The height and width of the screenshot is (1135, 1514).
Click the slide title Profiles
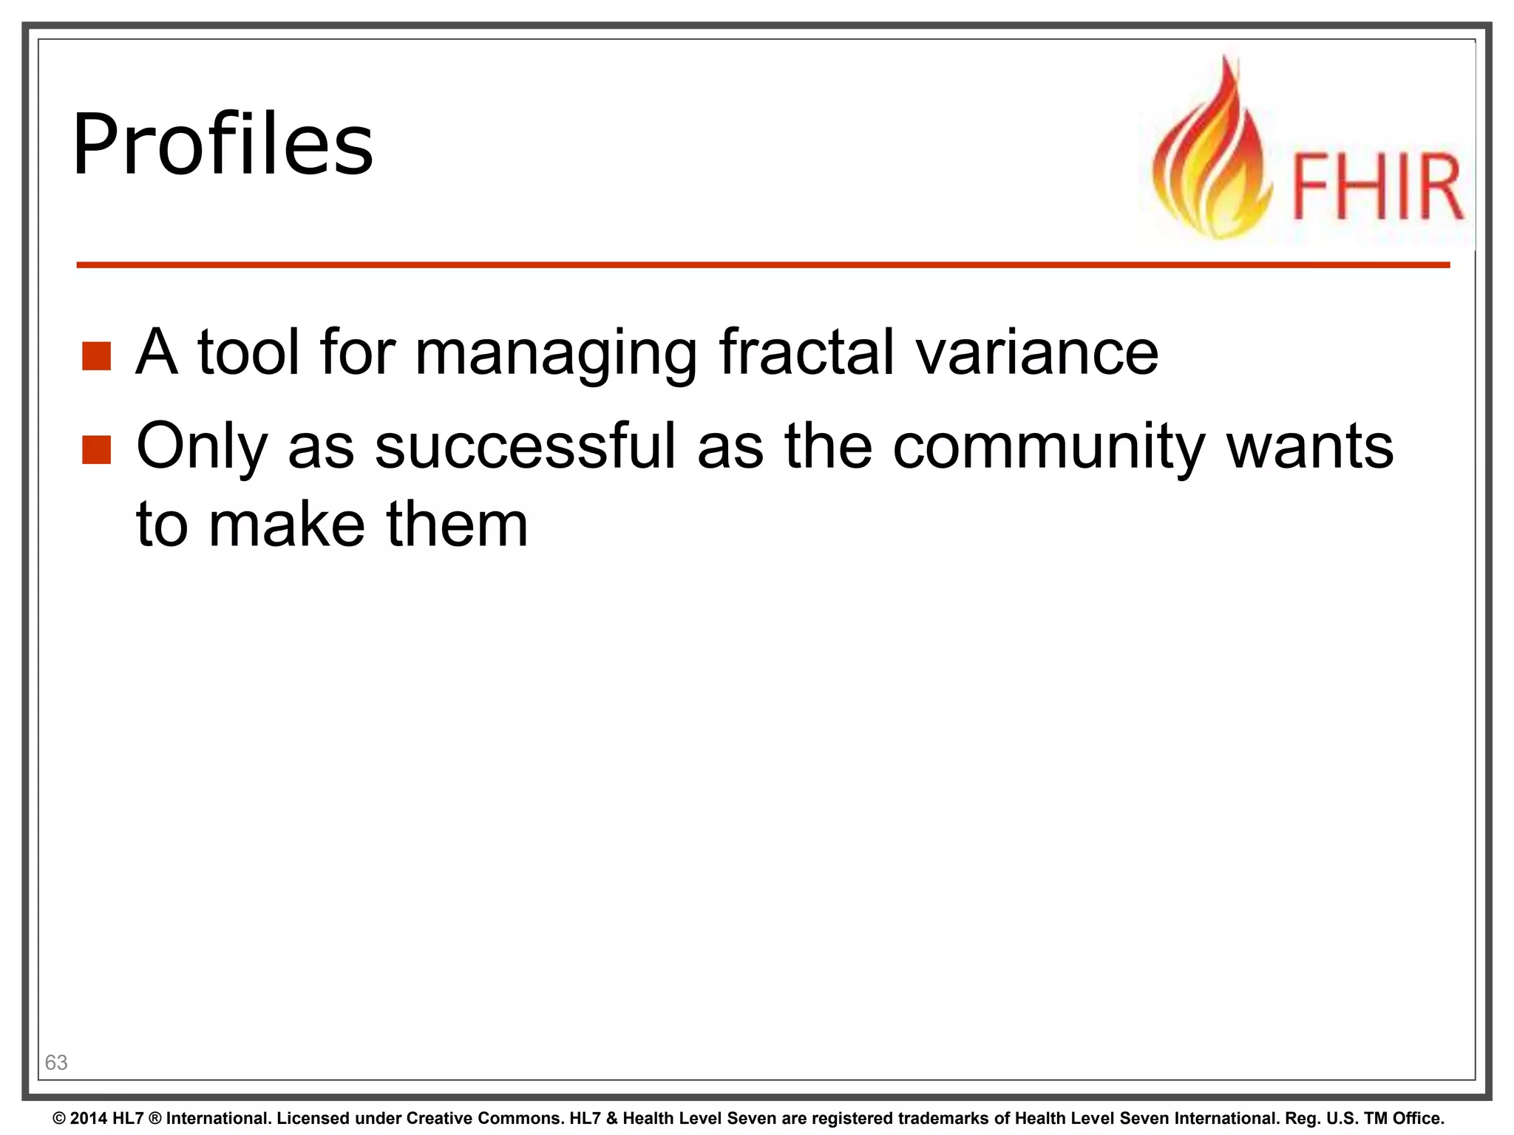pos(223,145)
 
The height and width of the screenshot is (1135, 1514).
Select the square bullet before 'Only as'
pos(96,449)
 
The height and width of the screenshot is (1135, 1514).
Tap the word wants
pos(1309,446)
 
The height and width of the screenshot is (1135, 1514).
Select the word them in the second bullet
pos(457,524)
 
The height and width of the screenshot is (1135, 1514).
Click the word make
pos(287,524)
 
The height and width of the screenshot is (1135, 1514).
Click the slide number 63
pos(56,1063)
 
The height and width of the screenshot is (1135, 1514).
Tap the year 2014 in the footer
pos(89,1119)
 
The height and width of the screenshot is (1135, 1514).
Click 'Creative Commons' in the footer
pos(498,1119)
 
